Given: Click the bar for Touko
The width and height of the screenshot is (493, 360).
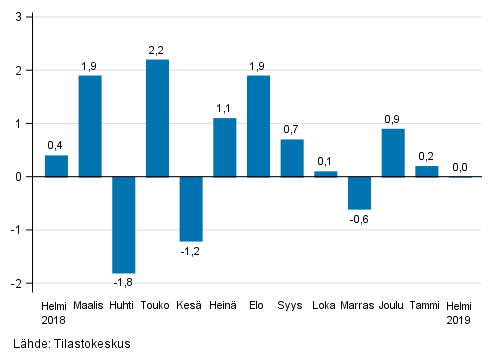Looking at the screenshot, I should (x=157, y=118).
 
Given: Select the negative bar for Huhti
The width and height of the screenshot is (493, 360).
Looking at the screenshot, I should (x=124, y=224).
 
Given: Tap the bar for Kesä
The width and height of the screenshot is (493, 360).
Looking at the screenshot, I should (x=191, y=208).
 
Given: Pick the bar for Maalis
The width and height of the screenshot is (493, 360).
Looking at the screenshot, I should (x=90, y=126).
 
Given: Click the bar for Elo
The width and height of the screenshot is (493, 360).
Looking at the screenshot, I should (x=258, y=126).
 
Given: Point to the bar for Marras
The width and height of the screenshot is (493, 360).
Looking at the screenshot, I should (x=359, y=192).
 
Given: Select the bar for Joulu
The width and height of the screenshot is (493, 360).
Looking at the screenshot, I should (x=393, y=152).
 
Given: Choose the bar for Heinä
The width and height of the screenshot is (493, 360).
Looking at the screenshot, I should (x=225, y=147).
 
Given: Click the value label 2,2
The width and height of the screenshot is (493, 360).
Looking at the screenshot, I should (x=157, y=50).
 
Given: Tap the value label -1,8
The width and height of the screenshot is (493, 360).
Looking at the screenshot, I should (x=123, y=283).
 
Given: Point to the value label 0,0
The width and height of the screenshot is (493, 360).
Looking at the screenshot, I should (x=460, y=167).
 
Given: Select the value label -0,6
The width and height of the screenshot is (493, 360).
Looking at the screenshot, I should (x=359, y=219).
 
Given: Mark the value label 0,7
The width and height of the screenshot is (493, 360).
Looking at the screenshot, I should (x=292, y=130).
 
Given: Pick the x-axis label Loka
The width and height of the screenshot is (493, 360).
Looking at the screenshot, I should (x=325, y=305).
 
